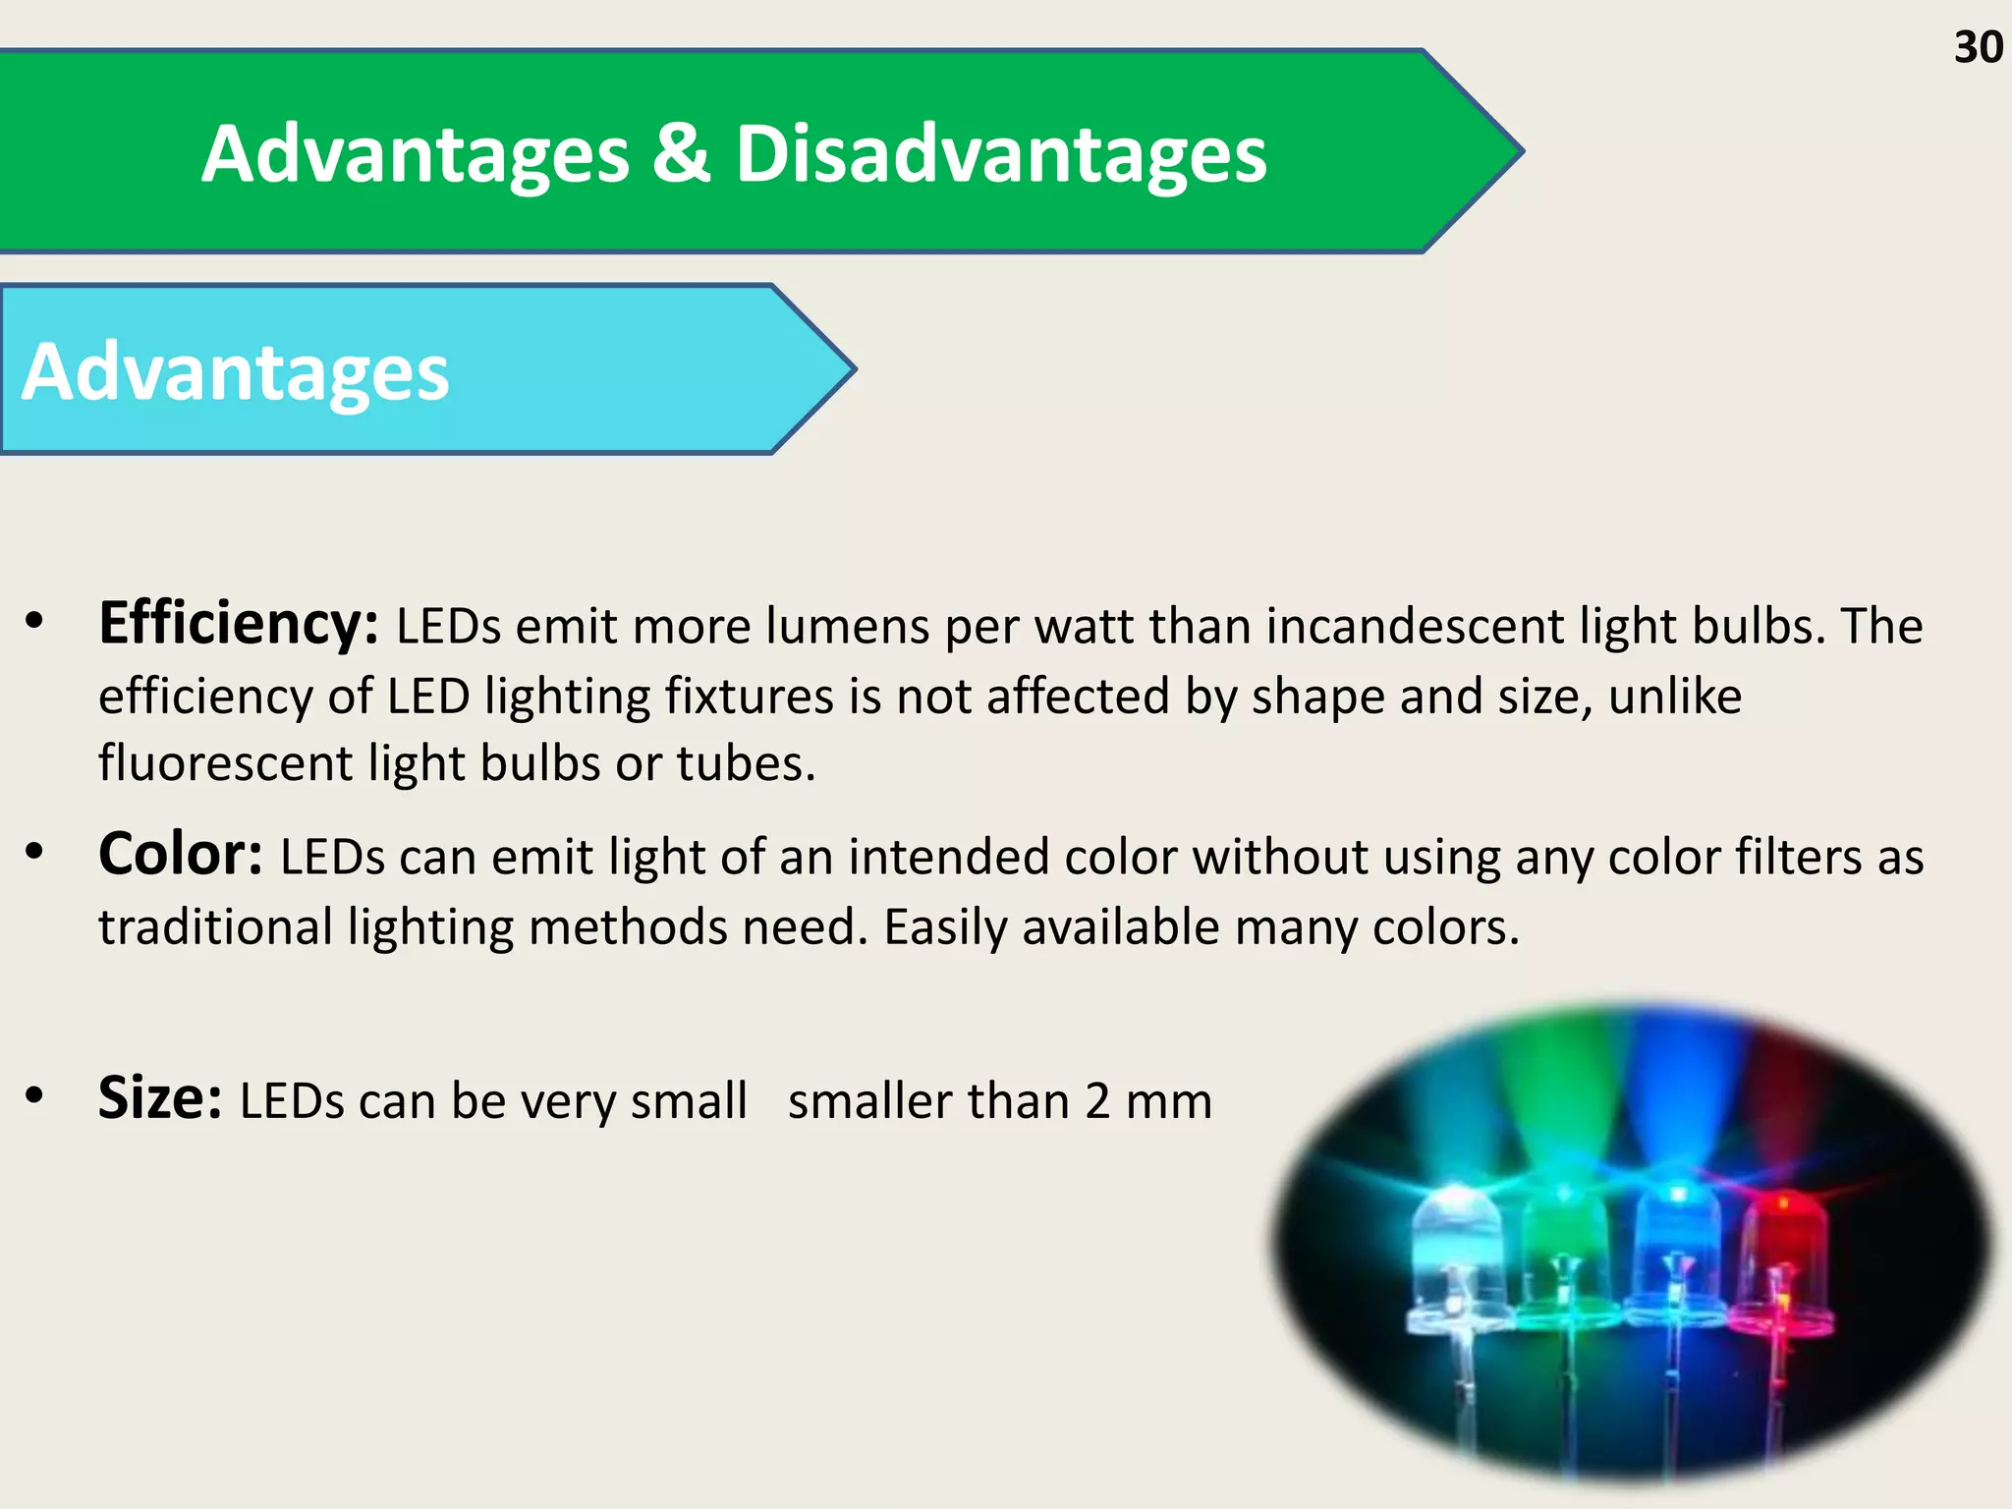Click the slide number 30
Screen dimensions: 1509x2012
tap(1978, 47)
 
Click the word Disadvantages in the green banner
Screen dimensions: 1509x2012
tap(1001, 154)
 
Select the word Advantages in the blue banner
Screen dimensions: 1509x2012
tap(236, 372)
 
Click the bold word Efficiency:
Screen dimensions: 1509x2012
tap(238, 624)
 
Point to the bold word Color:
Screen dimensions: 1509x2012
tap(180, 854)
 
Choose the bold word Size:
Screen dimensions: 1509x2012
tap(160, 1097)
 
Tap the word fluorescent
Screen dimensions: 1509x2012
tap(225, 763)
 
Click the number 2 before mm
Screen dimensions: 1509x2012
tap(1098, 1101)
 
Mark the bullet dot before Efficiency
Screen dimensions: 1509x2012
tap(35, 621)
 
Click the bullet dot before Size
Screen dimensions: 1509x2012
tap(35, 1094)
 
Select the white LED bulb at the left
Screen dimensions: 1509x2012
tap(1456, 1253)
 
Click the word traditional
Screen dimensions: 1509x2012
tap(216, 926)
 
